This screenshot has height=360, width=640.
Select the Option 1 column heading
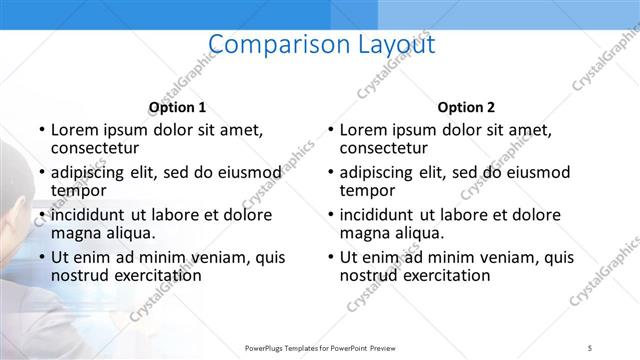pos(177,107)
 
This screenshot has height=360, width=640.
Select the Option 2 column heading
pos(466,107)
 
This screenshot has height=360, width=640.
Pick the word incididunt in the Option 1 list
pos(88,215)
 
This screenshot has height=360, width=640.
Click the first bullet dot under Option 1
pos(41,130)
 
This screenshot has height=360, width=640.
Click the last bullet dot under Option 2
pos(330,258)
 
